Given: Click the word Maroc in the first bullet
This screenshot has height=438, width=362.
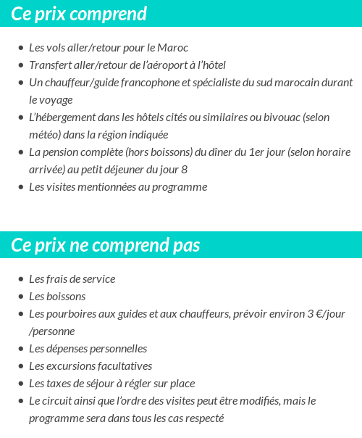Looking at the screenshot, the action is (173, 48).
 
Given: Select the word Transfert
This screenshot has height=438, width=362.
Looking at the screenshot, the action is (50, 65).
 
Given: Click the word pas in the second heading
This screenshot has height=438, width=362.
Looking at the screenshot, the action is (186, 245).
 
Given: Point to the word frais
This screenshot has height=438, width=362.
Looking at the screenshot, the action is (59, 279).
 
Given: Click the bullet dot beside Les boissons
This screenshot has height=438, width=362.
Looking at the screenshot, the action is (20, 297).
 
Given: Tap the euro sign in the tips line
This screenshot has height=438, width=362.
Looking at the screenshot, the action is (316, 314).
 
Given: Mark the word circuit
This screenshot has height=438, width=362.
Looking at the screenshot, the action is (59, 401).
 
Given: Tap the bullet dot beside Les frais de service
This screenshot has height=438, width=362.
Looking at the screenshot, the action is (20, 279).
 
